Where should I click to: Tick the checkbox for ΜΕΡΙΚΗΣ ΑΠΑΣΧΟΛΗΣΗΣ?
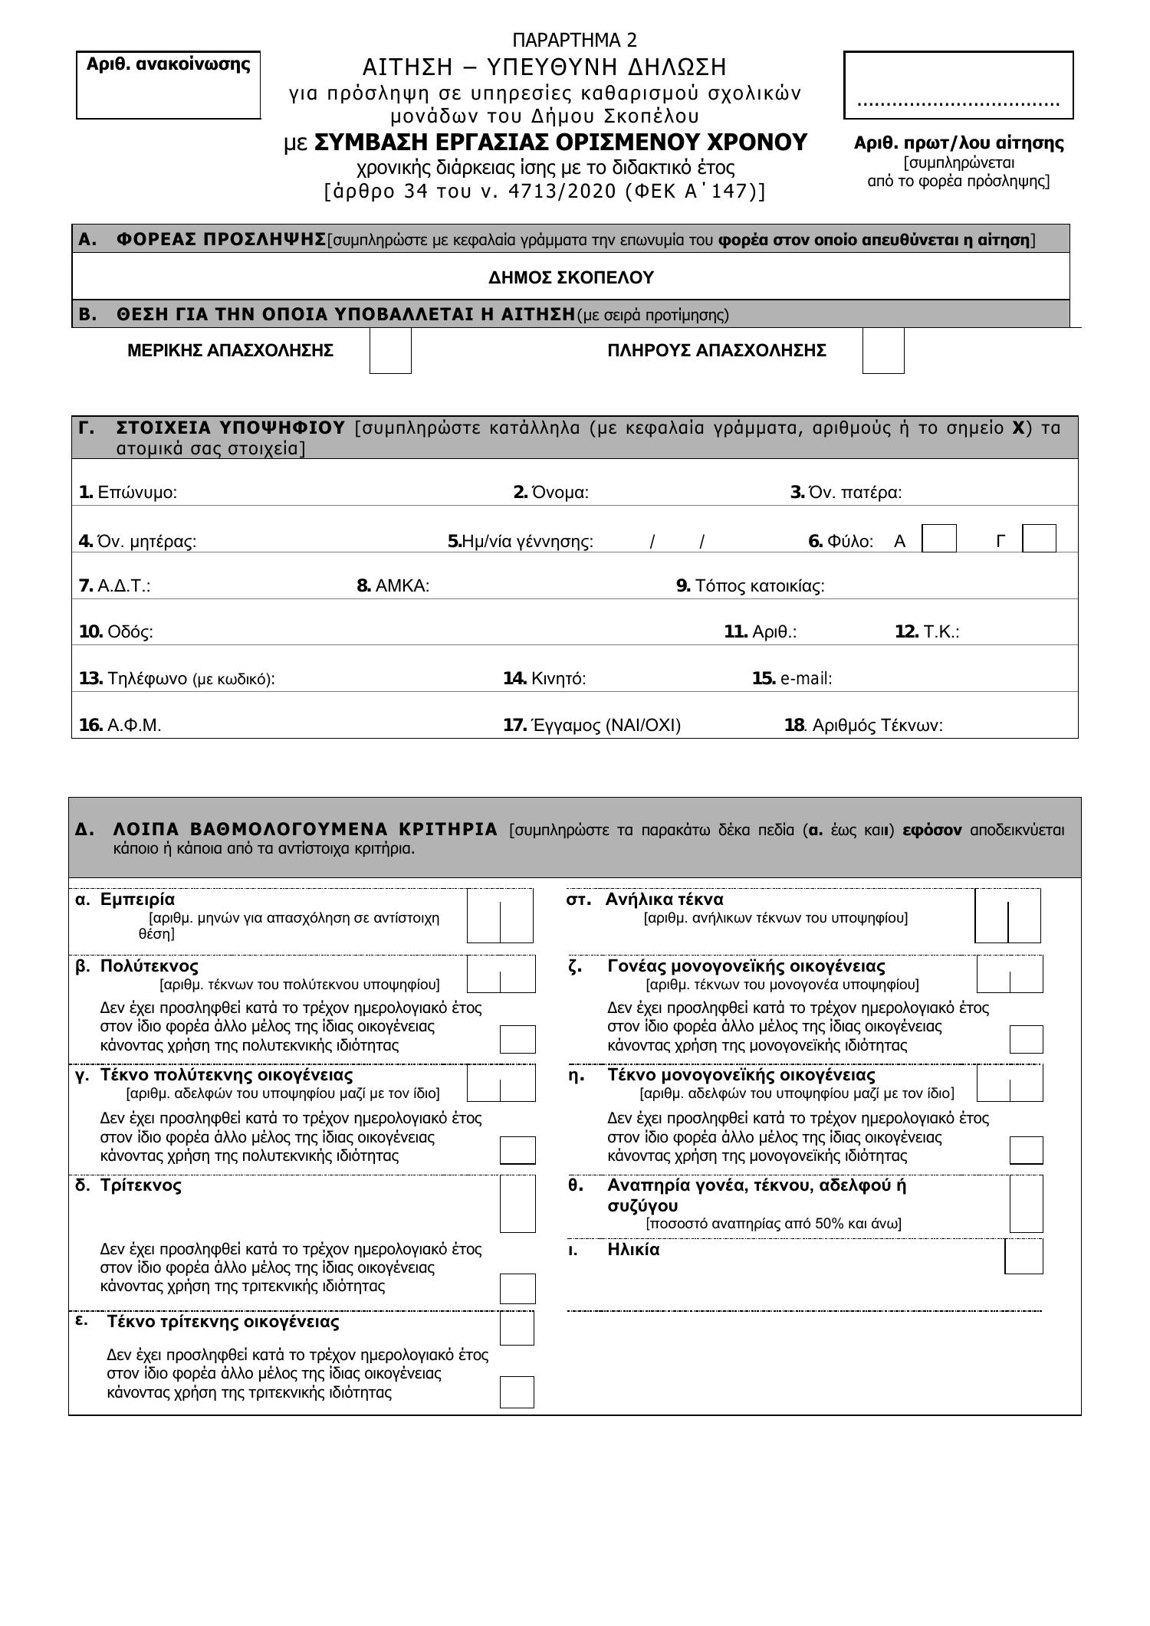click(390, 351)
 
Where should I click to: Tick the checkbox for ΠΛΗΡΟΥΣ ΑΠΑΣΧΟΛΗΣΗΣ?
click(883, 351)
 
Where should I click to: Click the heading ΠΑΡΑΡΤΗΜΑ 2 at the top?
click(574, 40)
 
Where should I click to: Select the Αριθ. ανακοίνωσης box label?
click(168, 64)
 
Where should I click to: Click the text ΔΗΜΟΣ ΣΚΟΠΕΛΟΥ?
click(571, 277)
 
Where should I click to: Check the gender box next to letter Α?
click(939, 539)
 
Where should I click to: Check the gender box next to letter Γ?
click(1040, 539)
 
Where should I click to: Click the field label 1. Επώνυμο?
click(128, 493)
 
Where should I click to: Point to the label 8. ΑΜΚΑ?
click(393, 586)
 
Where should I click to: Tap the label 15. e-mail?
click(792, 679)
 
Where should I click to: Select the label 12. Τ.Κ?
click(927, 632)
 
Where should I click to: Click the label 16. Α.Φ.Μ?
click(120, 726)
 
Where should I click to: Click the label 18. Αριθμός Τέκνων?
click(863, 726)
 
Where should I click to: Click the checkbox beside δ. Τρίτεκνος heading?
click(517, 1204)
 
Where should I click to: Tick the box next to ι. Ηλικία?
click(1024, 1257)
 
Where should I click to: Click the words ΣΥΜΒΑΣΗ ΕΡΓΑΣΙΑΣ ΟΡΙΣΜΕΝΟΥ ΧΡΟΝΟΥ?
click(560, 143)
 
